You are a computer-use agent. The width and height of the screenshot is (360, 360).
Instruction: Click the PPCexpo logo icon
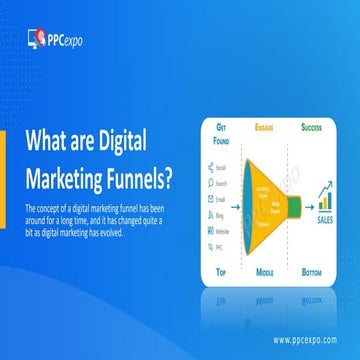[x=36, y=38]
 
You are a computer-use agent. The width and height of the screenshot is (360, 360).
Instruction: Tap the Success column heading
[x=314, y=129]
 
